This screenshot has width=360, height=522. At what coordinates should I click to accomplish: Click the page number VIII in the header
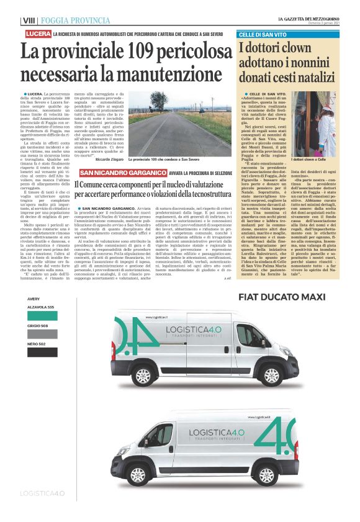pyautogui.click(x=29, y=20)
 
